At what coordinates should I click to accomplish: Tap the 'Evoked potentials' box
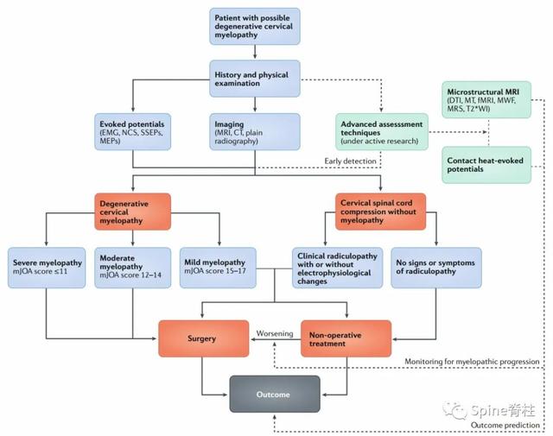click(132, 132)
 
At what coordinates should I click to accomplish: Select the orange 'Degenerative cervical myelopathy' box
click(132, 210)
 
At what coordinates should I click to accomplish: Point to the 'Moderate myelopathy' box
click(132, 268)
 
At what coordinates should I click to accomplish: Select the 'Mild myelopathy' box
click(219, 268)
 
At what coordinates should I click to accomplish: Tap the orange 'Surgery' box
click(202, 339)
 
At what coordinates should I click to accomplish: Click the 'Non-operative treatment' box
click(346, 339)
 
